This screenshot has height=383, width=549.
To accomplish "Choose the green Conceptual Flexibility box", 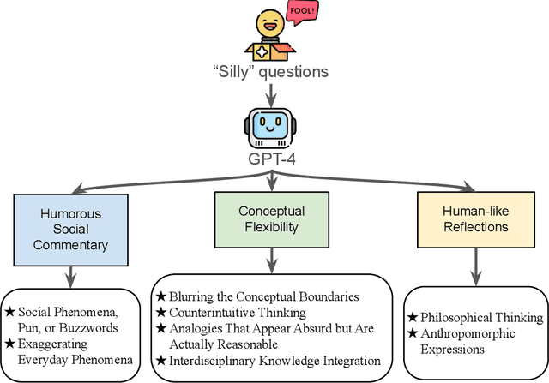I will coord(271,219).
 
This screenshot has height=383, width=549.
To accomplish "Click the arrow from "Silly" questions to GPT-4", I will coord(272,96).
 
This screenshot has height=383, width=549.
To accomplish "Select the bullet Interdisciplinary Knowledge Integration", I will coord(268,361).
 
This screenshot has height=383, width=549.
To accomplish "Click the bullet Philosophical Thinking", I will coord(475,318).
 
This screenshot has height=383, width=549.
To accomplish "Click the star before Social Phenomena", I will coord(10,311).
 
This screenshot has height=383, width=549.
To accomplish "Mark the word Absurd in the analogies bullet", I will coord(288,329).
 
